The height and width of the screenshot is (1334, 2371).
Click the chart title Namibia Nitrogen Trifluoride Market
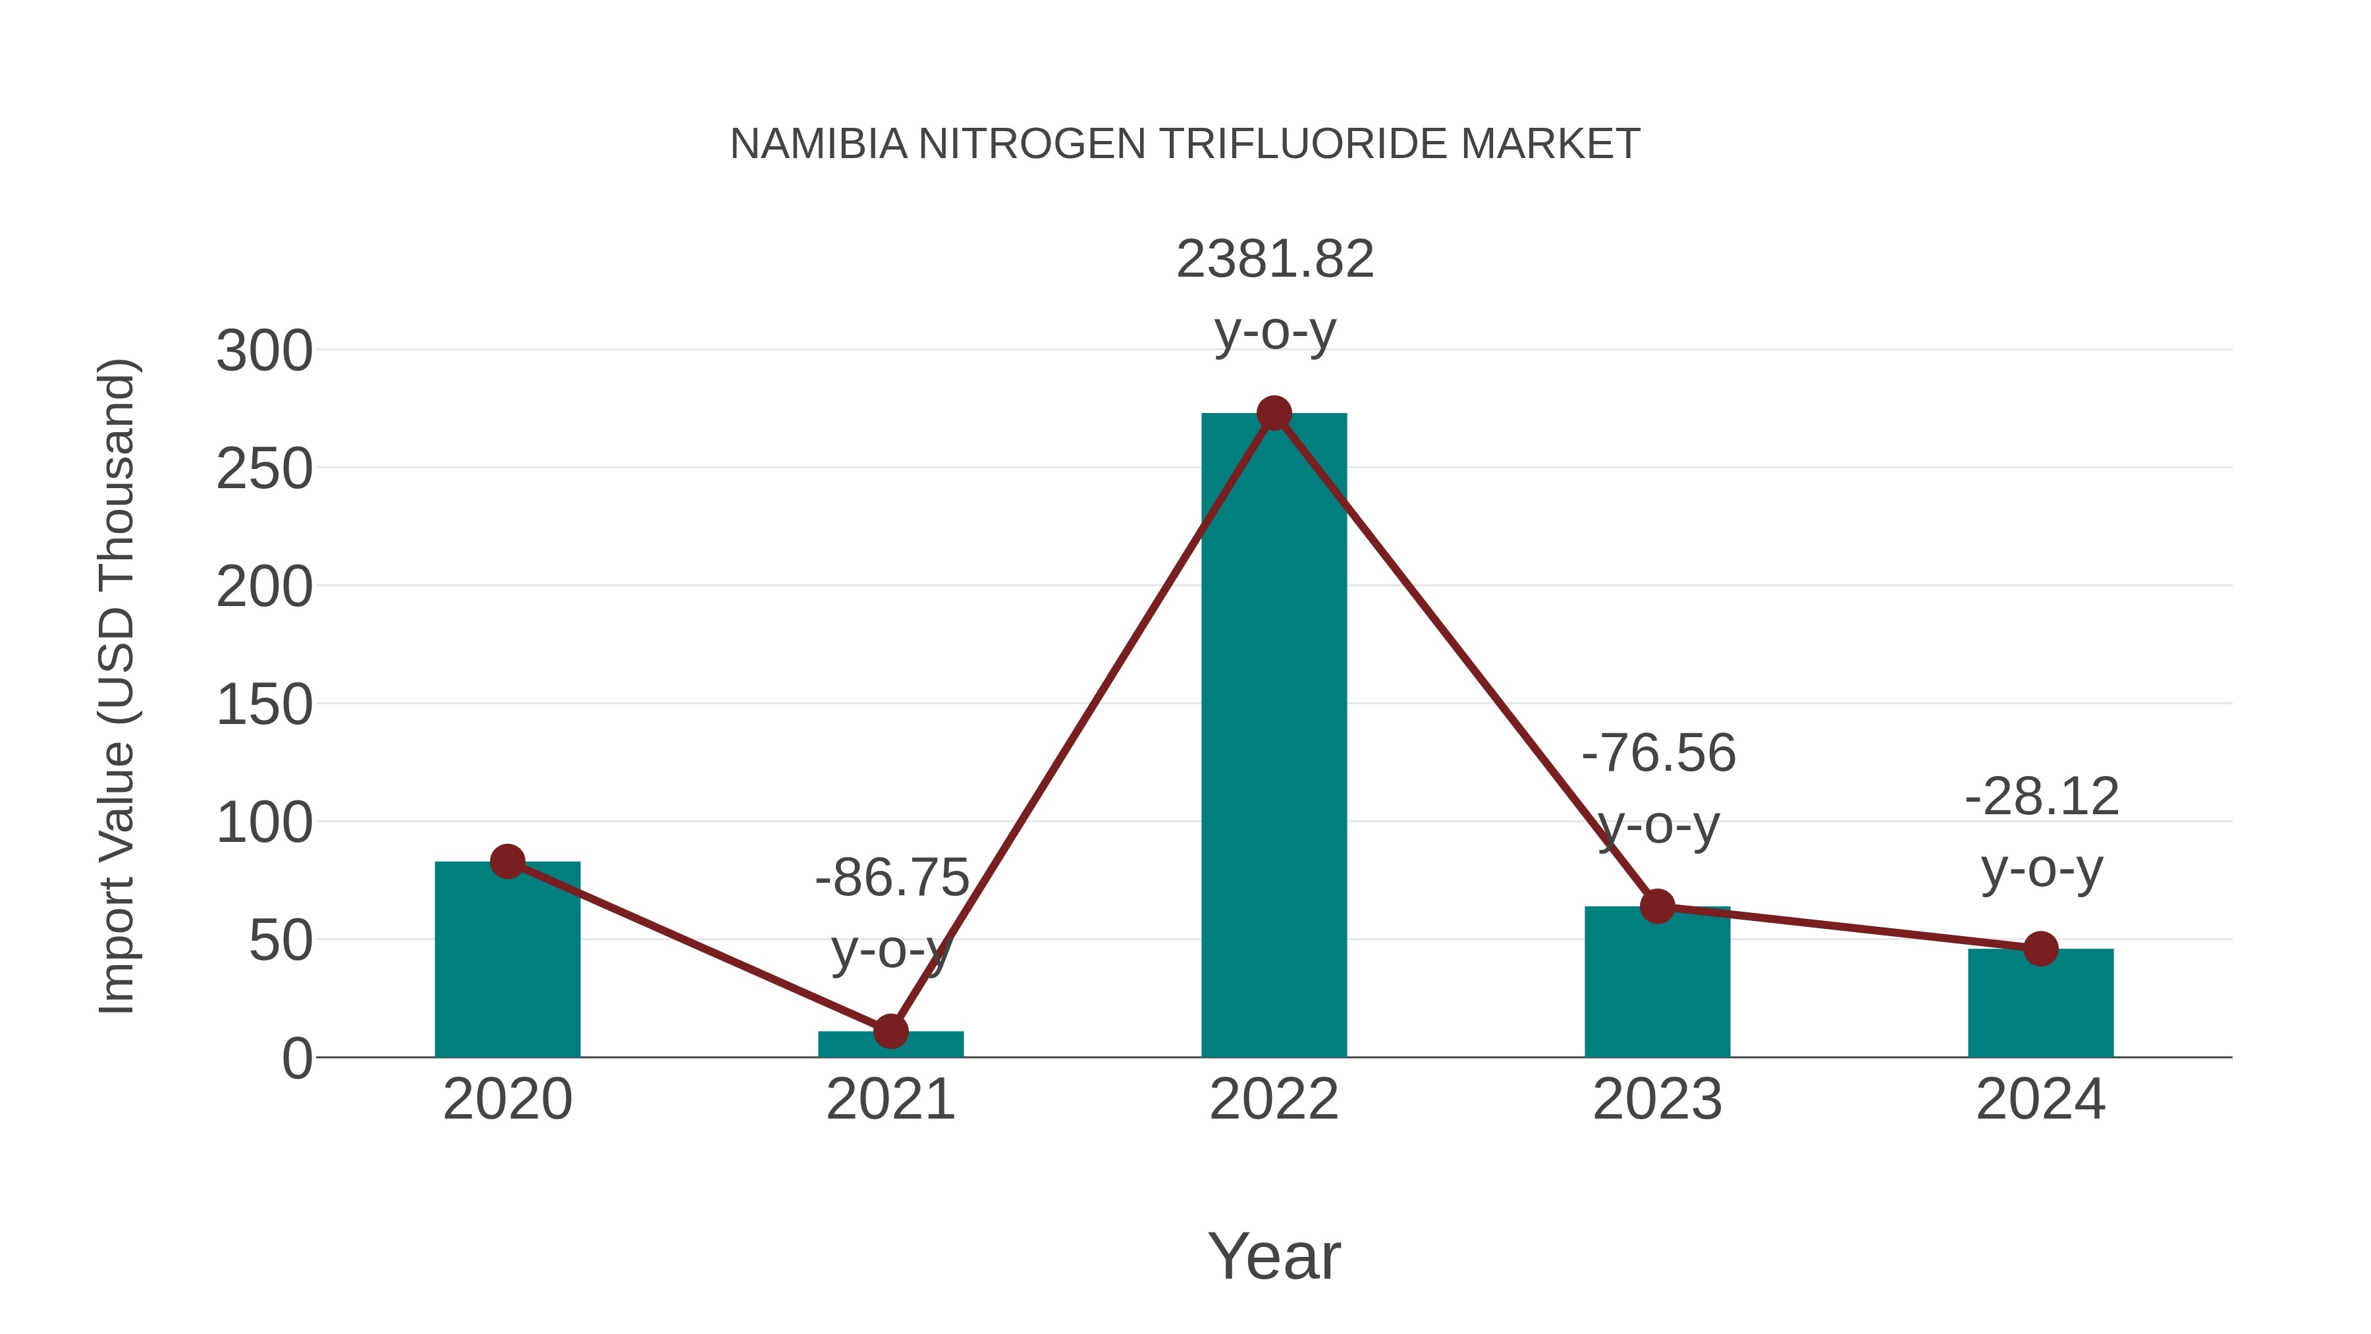click(x=1185, y=144)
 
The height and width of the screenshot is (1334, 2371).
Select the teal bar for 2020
click(x=507, y=962)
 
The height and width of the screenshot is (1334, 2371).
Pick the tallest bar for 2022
click(x=1274, y=736)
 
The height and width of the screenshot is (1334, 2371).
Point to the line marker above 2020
click(x=507, y=862)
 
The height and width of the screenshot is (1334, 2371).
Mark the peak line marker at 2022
click(x=1274, y=413)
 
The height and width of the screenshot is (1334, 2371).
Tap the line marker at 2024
click(x=2040, y=948)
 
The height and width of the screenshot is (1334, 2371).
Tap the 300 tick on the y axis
click(x=264, y=352)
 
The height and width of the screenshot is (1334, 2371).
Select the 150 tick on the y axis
click(x=264, y=706)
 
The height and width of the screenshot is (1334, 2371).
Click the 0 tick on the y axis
click(x=296, y=1059)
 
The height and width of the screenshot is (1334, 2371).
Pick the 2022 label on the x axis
click(x=1274, y=1099)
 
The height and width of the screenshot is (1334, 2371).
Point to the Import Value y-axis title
click(x=118, y=686)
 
